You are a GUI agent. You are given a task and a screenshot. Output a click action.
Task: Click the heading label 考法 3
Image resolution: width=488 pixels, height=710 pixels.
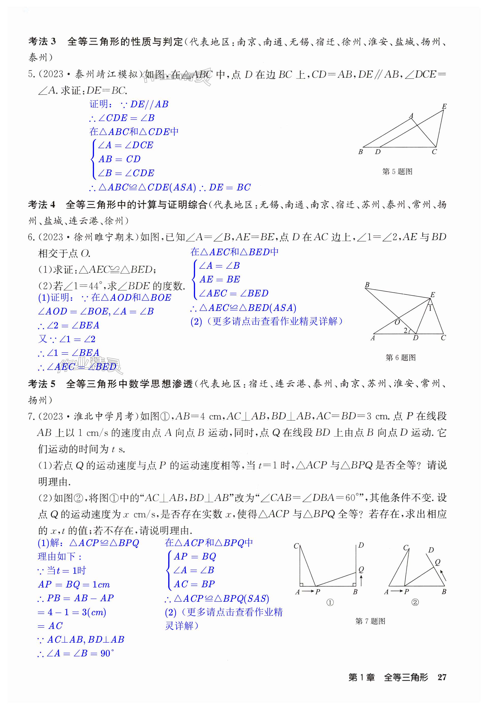point(42,41)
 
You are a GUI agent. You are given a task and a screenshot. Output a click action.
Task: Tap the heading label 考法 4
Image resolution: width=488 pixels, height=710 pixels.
point(42,205)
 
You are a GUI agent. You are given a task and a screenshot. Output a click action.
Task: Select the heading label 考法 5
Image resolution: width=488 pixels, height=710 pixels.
point(42,384)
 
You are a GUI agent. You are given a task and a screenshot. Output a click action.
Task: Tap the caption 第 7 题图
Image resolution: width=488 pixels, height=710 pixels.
point(370,621)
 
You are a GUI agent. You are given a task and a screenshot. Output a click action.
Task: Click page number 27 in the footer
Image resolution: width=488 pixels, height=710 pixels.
point(442,686)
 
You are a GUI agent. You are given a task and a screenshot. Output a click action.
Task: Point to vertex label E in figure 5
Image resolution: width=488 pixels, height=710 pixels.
point(444,106)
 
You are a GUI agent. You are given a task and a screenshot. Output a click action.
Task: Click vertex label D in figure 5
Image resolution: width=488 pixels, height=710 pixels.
point(378,152)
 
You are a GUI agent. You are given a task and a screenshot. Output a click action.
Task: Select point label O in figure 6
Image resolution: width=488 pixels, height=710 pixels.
point(397,322)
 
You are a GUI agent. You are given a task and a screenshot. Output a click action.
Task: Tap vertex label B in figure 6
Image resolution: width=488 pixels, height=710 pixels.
point(367,285)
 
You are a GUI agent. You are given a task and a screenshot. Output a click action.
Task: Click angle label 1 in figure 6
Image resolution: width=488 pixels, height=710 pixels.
point(430,308)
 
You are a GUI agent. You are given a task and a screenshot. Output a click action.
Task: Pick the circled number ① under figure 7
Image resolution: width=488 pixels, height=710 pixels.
point(330,602)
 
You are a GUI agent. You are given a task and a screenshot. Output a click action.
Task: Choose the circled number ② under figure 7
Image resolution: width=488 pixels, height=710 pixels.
point(415,602)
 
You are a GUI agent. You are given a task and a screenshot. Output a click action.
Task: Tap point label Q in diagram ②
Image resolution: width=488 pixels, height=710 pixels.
point(437,562)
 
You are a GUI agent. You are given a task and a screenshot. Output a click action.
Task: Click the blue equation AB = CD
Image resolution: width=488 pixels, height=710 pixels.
point(119,159)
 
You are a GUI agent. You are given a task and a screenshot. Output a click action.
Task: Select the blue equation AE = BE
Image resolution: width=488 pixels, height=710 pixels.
point(220,279)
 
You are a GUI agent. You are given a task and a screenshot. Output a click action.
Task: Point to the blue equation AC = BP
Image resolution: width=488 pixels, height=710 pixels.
point(194,584)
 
